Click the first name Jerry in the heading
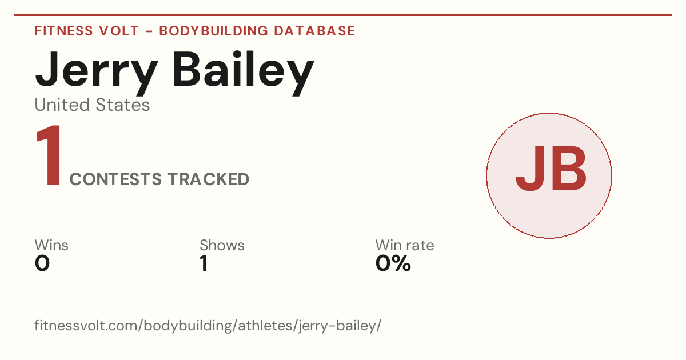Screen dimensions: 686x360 click(97, 73)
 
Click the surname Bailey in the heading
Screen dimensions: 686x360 click(244, 73)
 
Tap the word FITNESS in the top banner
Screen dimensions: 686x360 click(63, 31)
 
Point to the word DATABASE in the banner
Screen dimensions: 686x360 click(314, 31)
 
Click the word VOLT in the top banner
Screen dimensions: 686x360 click(119, 31)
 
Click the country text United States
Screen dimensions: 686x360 click(92, 105)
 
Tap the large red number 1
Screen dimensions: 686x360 click(49, 155)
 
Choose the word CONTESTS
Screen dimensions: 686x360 click(115, 179)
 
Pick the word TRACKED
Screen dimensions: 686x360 click(209, 179)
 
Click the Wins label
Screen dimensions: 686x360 click(51, 245)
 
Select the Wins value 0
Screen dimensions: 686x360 click(42, 263)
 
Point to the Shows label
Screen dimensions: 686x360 click(222, 245)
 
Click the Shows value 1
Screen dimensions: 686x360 click(204, 263)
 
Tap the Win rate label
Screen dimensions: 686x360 click(405, 245)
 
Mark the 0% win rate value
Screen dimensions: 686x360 click(393, 263)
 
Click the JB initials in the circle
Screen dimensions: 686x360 click(551, 169)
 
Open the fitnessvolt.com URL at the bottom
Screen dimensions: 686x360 click(208, 325)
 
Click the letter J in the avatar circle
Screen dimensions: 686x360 click(529, 169)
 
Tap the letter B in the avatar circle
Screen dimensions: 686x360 click(569, 169)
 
